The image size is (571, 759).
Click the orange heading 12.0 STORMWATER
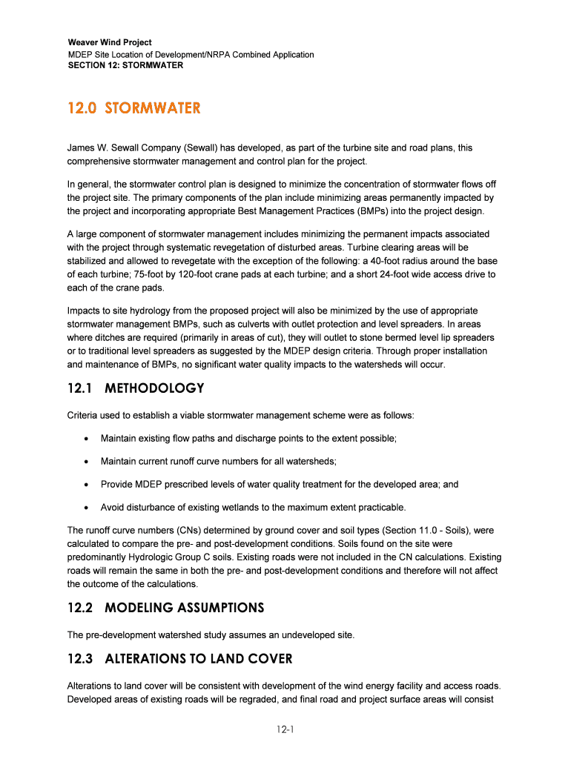point(133,109)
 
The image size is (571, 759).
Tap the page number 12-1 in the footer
point(285,730)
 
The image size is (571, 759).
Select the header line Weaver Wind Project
point(110,43)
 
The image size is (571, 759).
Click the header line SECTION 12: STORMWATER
point(125,65)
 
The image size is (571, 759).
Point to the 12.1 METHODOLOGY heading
point(136,388)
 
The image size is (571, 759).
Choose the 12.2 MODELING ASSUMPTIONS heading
point(165,608)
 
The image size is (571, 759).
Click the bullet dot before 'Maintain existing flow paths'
point(88,439)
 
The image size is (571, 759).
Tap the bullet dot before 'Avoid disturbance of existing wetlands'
point(88,508)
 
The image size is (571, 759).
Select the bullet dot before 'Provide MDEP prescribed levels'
point(88,485)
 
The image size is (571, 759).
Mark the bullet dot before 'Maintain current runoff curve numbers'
point(88,462)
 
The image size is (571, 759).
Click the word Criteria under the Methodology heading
point(85,415)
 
